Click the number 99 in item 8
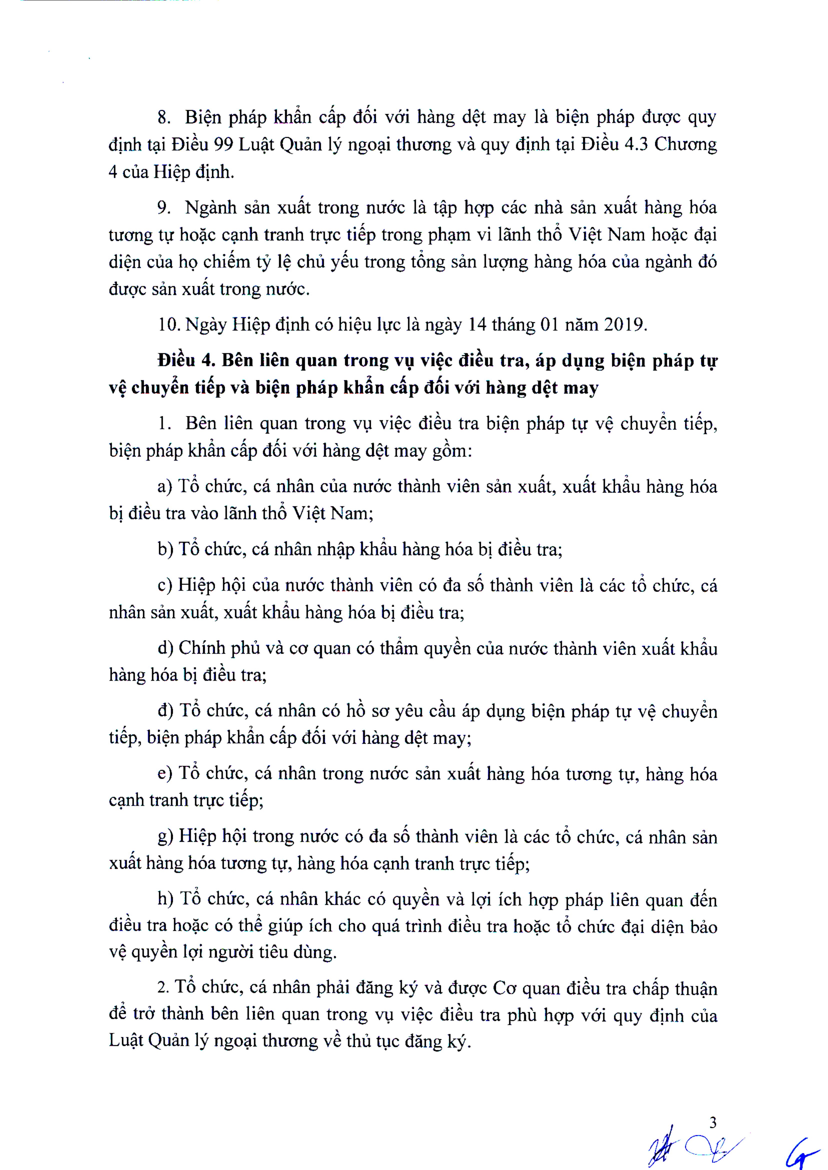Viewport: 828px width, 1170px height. click(x=223, y=145)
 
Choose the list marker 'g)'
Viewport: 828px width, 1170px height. click(x=165, y=837)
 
